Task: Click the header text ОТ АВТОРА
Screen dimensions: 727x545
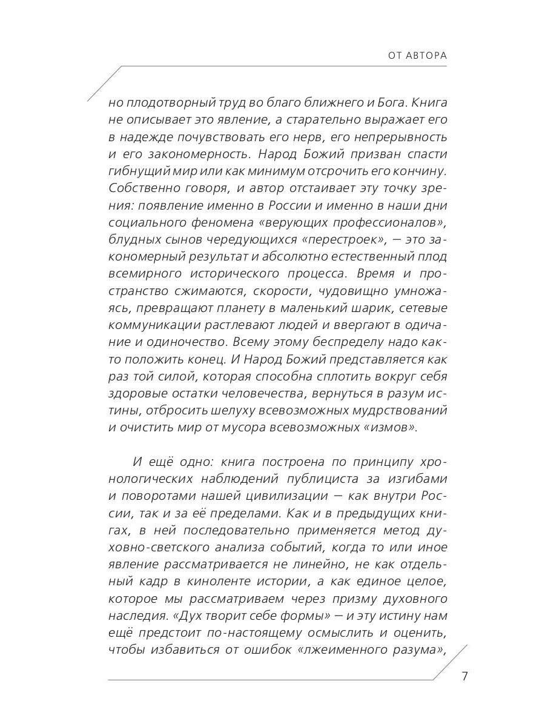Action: coord(417,56)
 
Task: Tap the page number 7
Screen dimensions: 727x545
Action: coord(464,676)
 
